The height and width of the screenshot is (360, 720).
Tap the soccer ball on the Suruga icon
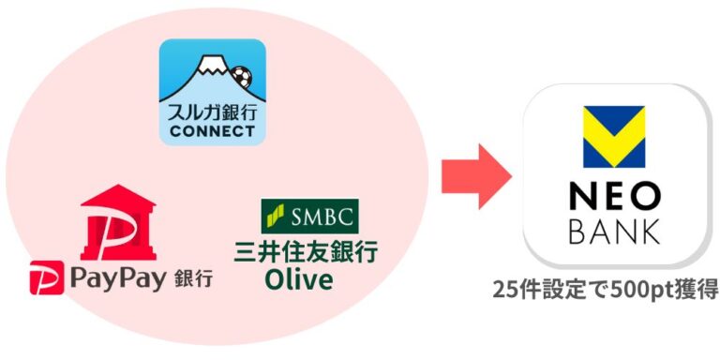click(242, 74)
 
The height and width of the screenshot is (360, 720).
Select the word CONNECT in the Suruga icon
click(212, 130)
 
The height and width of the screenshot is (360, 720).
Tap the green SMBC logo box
click(308, 216)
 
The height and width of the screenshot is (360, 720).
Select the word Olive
click(299, 279)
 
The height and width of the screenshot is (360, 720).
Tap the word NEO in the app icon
click(614, 196)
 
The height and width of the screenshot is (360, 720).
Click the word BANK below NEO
click(614, 231)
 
